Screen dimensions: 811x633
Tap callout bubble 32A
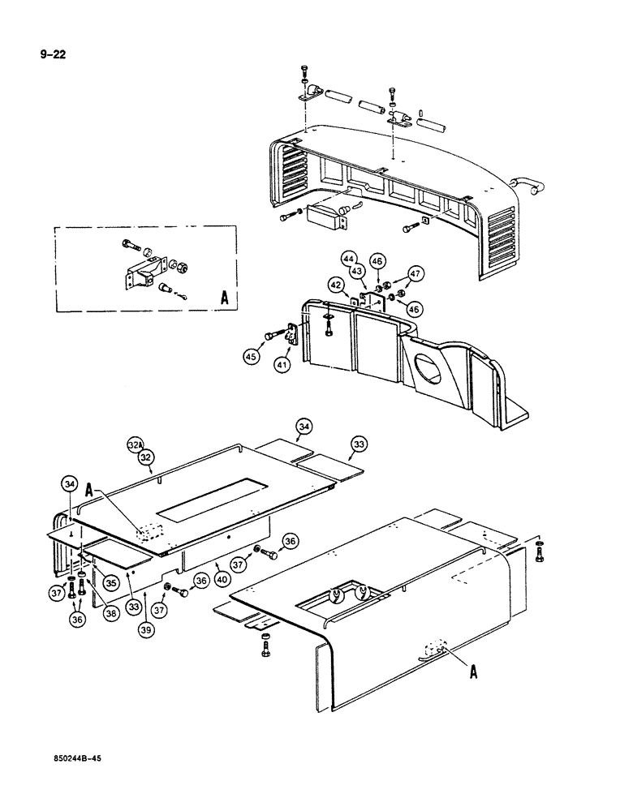tap(136, 444)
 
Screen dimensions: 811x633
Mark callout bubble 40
tap(222, 578)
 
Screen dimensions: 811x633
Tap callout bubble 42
tap(335, 285)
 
